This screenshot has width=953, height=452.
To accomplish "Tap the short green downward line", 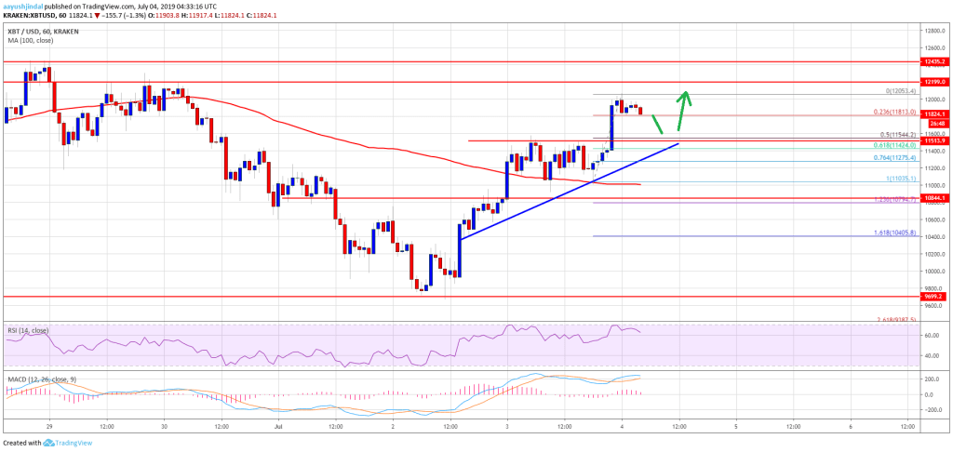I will pos(658,123).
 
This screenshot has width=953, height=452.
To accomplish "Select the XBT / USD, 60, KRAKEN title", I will pos(42,18).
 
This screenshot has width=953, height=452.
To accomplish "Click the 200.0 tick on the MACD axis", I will pos(931,380).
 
